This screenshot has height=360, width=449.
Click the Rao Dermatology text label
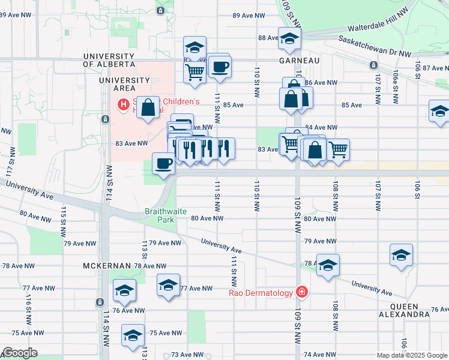point(261,293)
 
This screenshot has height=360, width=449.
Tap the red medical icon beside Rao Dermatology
point(301,292)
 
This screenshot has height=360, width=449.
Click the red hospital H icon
point(124,106)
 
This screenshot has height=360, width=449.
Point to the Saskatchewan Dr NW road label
point(375,45)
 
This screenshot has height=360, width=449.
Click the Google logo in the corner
point(20,353)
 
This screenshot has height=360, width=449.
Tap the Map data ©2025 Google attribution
point(411,355)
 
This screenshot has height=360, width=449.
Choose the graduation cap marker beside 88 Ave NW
point(289,40)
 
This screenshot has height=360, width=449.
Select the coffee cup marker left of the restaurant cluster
point(163,164)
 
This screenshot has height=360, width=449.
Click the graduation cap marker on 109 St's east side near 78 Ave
point(328,266)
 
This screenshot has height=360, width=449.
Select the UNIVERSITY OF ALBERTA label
point(108,60)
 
